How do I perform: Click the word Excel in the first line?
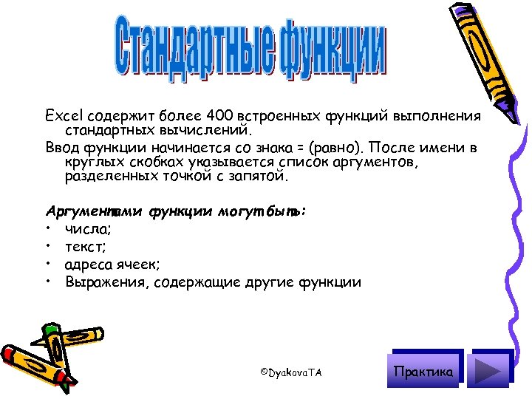(63, 116)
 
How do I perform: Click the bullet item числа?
(88, 229)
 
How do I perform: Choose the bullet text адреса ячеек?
(112, 264)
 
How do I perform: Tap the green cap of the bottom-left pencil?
(51, 329)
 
